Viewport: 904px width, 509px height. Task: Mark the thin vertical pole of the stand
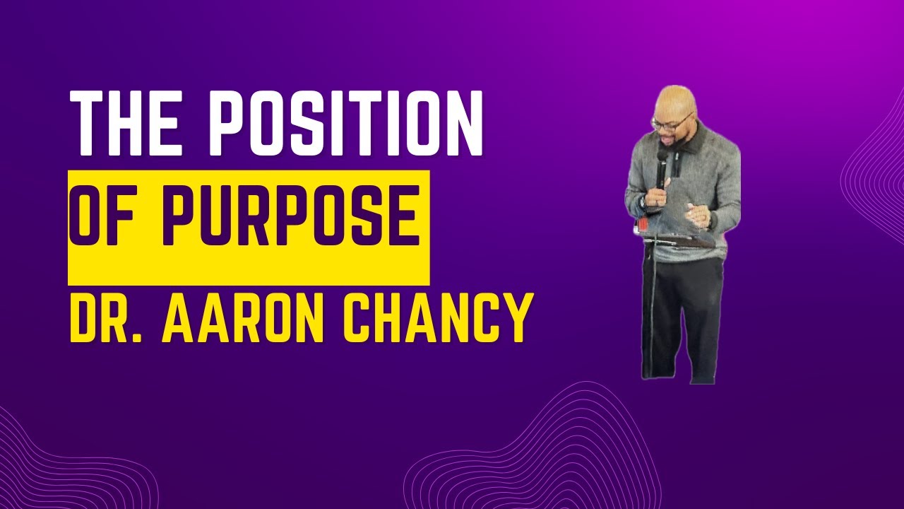[652, 311]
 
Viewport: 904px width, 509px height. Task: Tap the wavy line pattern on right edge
[876, 177]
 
